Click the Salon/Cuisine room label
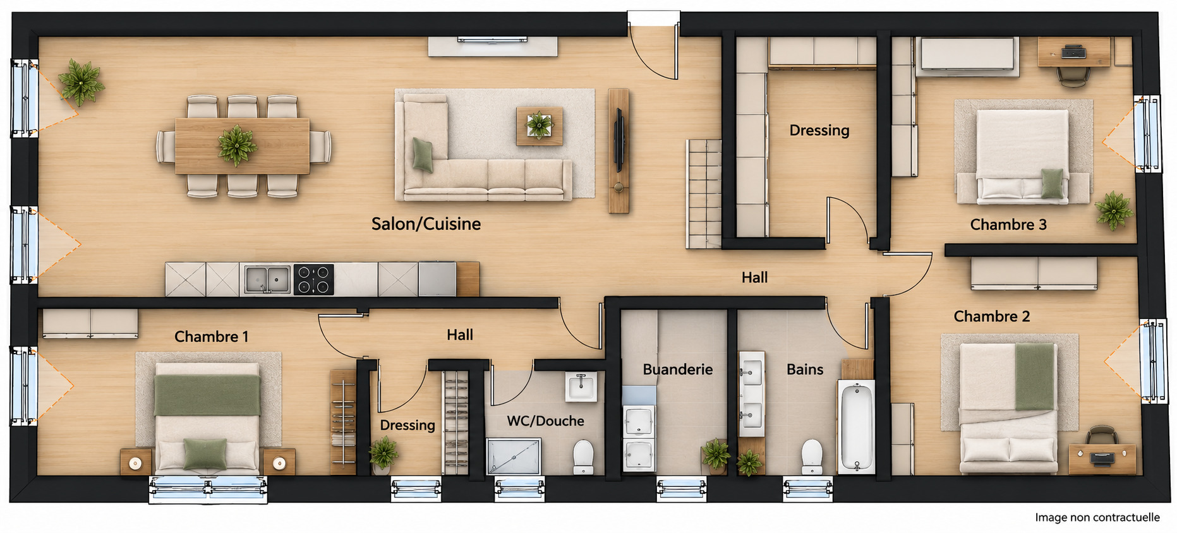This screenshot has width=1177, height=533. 426,224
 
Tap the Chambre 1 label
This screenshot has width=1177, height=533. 211,337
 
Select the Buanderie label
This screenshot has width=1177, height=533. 677,369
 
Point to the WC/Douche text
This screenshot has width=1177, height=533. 545,421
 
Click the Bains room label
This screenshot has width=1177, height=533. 805,369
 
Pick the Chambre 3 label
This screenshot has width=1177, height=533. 1008,225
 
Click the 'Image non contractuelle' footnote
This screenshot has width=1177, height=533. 1097,517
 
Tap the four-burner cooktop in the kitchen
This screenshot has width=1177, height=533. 313,280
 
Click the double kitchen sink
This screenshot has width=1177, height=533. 267,279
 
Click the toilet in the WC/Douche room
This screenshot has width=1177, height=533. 583,457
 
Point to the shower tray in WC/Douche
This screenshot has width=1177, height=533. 514,456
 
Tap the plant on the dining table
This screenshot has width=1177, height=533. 237,145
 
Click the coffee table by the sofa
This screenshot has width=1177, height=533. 539,126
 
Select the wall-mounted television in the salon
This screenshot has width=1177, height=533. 619,140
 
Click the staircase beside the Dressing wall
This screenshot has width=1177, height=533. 704,194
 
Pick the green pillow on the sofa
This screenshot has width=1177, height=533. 423,154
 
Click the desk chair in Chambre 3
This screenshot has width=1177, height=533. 1072,75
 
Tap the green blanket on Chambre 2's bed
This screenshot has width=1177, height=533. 1035,376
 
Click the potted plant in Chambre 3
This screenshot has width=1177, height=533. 1114,210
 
